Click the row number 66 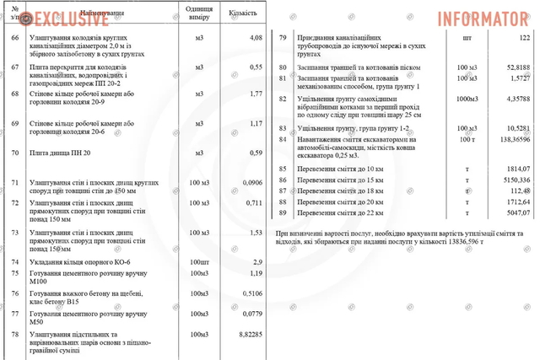(14, 38)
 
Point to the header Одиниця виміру (199, 14)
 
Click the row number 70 (14, 153)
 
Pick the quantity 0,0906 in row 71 (252, 182)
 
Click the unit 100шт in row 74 (199, 262)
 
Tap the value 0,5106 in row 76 (253, 293)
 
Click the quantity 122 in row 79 (524, 38)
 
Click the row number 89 (283, 213)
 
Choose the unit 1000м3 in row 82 (467, 98)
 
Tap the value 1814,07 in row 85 (516, 169)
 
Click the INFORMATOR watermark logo (482, 17)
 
